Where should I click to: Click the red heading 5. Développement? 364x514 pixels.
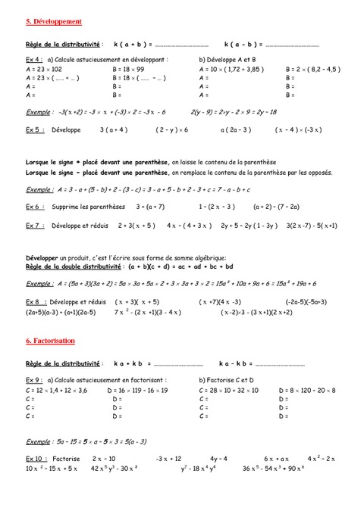(x=54, y=22)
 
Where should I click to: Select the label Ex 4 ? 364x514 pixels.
(x=35, y=58)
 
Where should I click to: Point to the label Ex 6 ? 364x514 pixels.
(x=35, y=205)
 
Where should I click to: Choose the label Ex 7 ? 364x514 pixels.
(x=35, y=225)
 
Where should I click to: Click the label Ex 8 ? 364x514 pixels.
(x=35, y=301)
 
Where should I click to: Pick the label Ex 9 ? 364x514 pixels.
(x=35, y=378)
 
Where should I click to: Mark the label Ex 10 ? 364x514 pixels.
(x=36, y=458)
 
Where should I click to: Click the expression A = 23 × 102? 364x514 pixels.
(x=47, y=68)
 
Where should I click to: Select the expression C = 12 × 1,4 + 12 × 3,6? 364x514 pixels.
(x=56, y=388)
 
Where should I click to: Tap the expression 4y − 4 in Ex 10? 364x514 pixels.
(x=219, y=458)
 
